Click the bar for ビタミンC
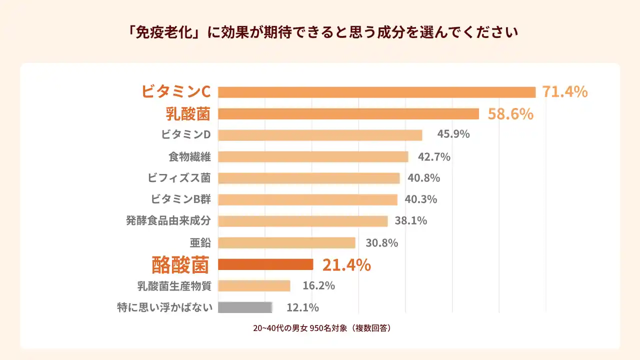(376, 92)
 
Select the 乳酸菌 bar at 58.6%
(348, 114)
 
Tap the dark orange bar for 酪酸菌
(265, 264)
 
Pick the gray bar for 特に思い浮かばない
(245, 307)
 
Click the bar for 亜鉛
(286, 243)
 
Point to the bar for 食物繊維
(313, 157)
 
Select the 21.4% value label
(346, 265)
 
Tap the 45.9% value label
(453, 134)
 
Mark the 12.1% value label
(302, 307)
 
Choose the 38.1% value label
(411, 220)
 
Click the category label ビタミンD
(185, 134)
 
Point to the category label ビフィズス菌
(179, 177)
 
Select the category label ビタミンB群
(180, 199)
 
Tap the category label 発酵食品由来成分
(168, 220)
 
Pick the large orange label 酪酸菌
(180, 265)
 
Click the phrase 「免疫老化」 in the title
(159, 32)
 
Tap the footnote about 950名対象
(321, 328)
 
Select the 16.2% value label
(318, 286)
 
